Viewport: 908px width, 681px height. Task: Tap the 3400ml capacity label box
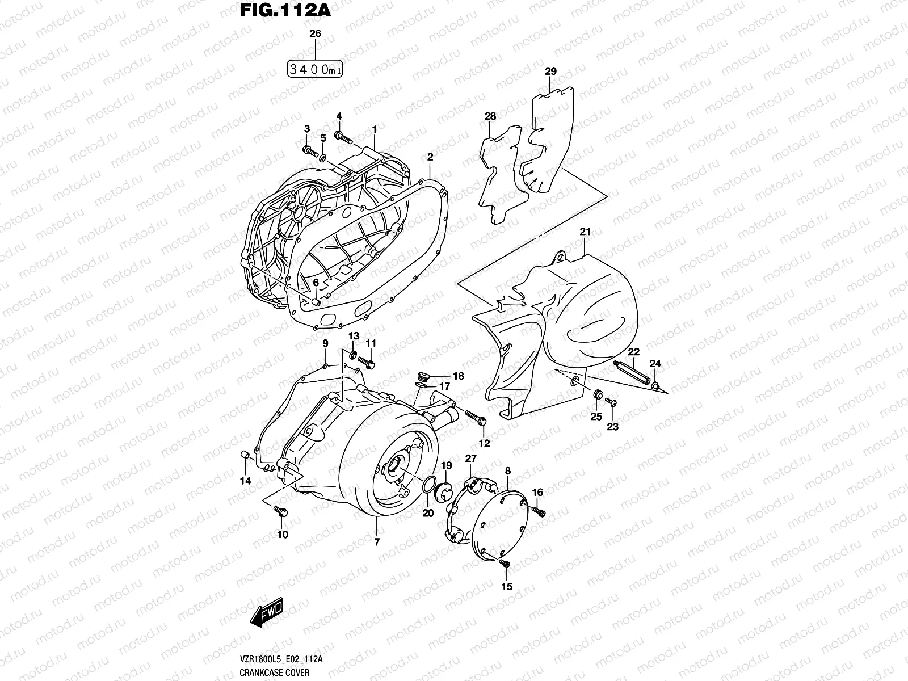point(315,69)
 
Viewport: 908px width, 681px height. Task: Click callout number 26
point(315,34)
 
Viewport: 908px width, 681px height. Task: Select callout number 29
point(550,72)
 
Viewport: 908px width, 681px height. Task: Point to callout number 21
point(585,232)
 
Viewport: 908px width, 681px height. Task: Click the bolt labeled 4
point(344,136)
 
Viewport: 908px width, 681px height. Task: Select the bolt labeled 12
point(475,417)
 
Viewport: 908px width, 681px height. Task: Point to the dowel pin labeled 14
point(246,454)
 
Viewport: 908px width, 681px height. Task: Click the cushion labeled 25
point(597,394)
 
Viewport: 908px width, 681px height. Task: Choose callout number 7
point(376,542)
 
